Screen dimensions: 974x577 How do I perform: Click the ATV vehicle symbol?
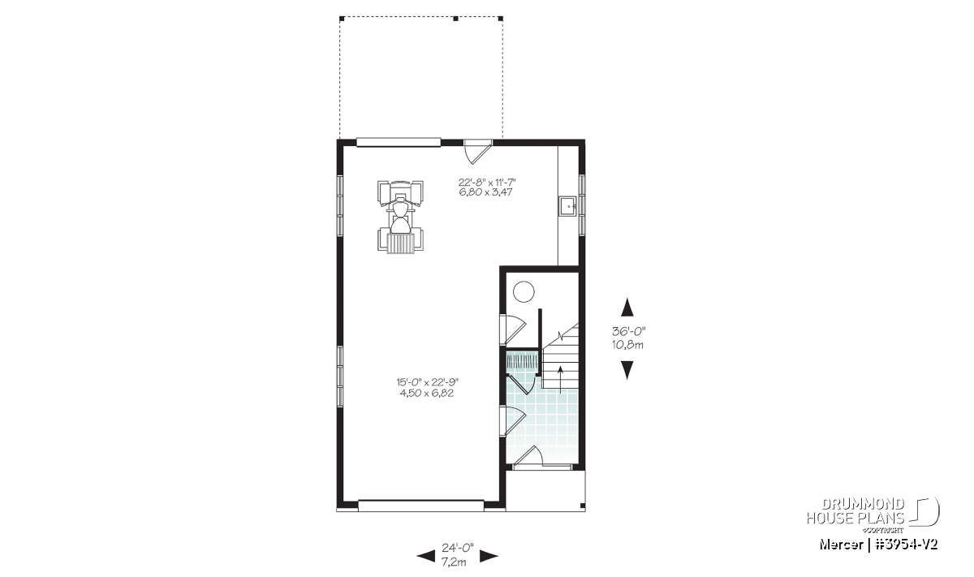point(400,216)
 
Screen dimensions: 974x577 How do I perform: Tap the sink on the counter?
point(568,205)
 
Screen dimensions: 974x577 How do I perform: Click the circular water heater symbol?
point(524,291)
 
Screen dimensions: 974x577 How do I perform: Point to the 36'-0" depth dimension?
point(628,331)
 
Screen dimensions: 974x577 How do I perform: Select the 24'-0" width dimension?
point(458,547)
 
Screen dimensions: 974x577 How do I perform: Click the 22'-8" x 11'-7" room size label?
point(487,182)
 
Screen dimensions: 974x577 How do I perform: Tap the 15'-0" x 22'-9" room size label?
point(428,382)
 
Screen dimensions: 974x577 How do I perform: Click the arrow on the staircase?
point(560,380)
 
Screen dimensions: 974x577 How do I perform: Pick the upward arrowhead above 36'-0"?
point(627,307)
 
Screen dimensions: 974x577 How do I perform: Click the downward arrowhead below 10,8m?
point(627,370)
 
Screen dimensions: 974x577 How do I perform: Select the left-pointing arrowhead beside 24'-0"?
point(425,556)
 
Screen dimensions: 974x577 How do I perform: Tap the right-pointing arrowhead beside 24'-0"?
point(489,556)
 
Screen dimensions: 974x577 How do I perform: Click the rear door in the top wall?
point(477,151)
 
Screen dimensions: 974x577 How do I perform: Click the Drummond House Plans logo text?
point(855,511)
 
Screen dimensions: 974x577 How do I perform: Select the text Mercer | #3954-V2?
point(878,545)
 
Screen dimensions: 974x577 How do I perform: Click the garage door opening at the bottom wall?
point(421,506)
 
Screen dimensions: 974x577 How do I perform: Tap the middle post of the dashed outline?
point(455,19)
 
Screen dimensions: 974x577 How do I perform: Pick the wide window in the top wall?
point(399,143)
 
